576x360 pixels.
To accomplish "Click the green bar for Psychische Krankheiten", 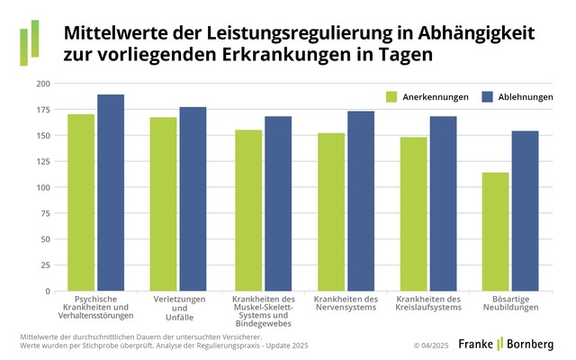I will pos(81,202).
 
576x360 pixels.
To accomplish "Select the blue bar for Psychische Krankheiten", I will pos(111,193).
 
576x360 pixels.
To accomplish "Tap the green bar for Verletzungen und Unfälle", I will pos(163,204).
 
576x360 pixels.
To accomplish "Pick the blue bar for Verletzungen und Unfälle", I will pos(193,199).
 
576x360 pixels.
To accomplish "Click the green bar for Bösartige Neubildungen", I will pos(495,231).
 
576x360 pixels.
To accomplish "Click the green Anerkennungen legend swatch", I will pos(391,96).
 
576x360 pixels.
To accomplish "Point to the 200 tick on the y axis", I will pos(42,84).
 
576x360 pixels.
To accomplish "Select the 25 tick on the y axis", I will pos(44,271).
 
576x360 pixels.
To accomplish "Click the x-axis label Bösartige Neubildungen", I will pos(510,303).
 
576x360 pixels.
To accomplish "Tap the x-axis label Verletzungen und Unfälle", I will pos(177,303).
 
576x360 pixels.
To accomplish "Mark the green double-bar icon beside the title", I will pos(29,42).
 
